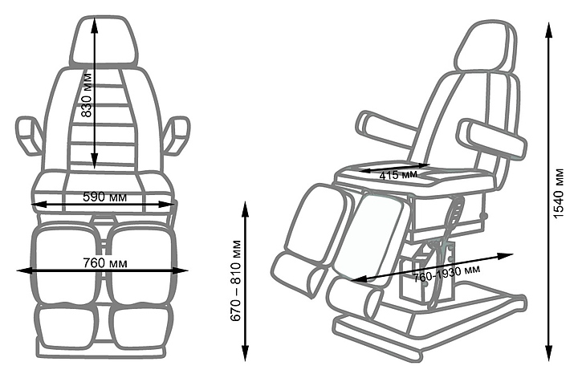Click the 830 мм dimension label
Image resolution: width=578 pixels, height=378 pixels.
pyautogui.click(x=87, y=95)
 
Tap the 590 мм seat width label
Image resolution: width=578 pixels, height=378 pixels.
pyautogui.click(x=104, y=197)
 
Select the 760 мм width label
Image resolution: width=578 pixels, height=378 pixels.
pyautogui.click(x=105, y=263)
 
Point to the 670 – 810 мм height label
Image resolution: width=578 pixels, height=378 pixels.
pyautogui.click(x=235, y=281)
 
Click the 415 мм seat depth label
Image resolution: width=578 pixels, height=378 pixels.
pyautogui.click(x=398, y=175)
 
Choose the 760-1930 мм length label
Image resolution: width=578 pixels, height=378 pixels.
pyautogui.click(x=447, y=273)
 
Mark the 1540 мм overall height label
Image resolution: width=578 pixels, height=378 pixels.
pyautogui.click(x=559, y=193)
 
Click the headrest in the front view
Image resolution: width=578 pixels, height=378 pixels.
pyautogui.click(x=104, y=41)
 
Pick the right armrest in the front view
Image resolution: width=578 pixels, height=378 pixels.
pyautogui.click(x=177, y=135)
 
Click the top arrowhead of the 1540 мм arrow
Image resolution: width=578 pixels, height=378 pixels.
pyautogui.click(x=549, y=30)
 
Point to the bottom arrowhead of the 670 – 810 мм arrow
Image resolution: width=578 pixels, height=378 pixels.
pyautogui.click(x=245, y=353)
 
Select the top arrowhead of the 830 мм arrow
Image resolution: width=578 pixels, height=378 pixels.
pyautogui.click(x=95, y=26)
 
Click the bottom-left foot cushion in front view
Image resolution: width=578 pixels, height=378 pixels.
pyautogui.click(x=66, y=327)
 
